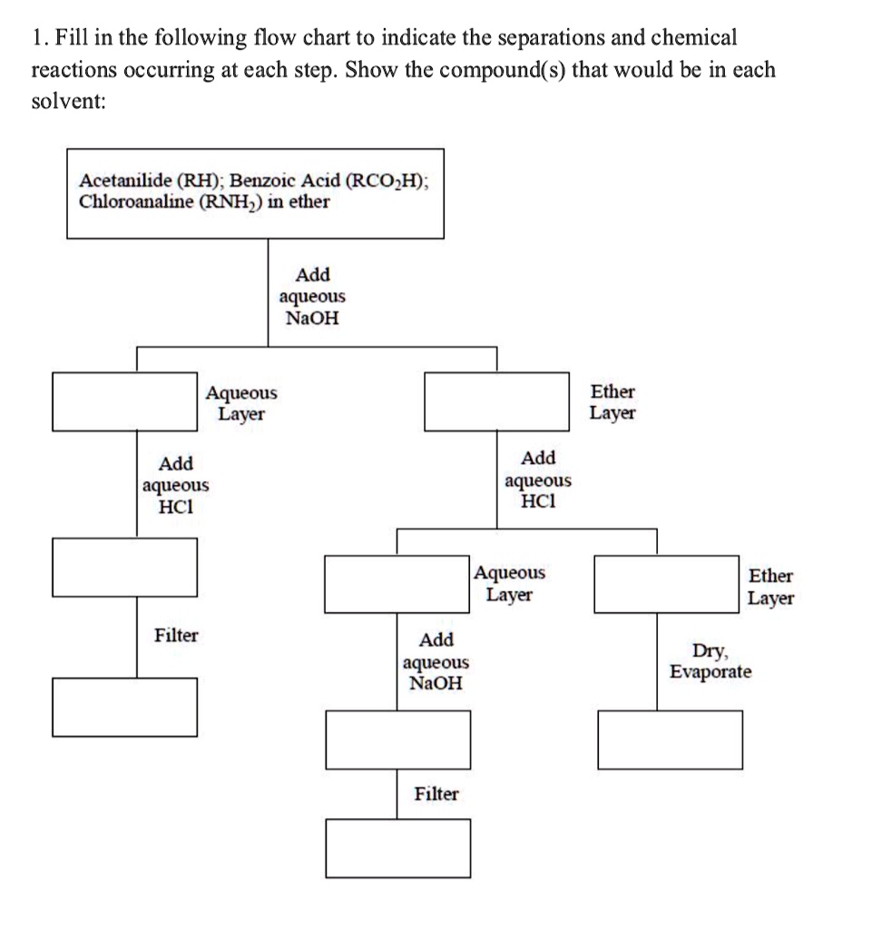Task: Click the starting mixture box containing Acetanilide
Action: click(257, 193)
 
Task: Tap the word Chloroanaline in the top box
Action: click(133, 201)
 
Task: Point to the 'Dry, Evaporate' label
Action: click(710, 661)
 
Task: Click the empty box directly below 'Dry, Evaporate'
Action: click(670, 738)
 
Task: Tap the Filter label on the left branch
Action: click(176, 635)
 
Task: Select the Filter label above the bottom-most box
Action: click(436, 794)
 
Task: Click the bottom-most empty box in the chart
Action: click(398, 847)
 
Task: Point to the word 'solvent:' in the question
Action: click(68, 101)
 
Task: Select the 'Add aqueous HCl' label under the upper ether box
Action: click(538, 480)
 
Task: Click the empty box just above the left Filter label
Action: click(125, 567)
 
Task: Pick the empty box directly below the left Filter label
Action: click(125, 706)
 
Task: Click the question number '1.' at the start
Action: click(39, 38)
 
